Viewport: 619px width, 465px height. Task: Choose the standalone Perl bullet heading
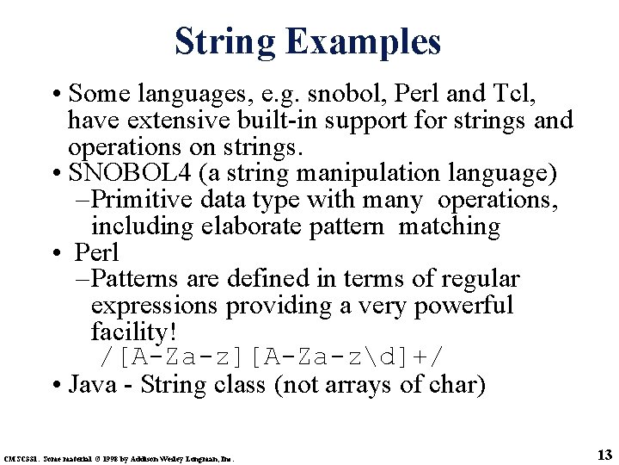coord(96,253)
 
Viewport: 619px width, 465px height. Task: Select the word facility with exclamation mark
coord(127,332)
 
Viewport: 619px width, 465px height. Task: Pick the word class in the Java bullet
coord(236,384)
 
